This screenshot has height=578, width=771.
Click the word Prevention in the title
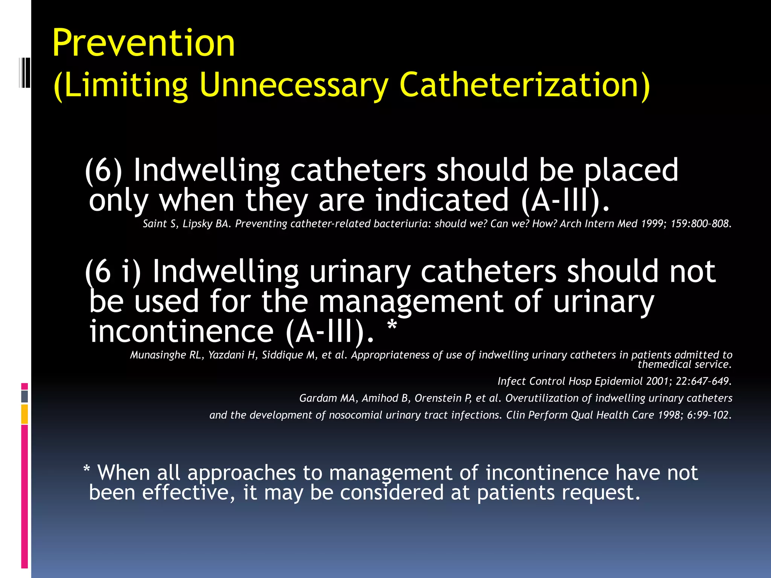point(143,43)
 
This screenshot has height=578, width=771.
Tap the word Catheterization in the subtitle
point(520,85)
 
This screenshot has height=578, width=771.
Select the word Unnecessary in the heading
point(293,85)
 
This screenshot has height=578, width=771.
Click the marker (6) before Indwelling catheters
point(104,170)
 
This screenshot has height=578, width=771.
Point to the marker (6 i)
point(113,272)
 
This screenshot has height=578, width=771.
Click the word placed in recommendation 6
point(631,170)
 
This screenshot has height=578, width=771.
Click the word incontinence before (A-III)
point(181,331)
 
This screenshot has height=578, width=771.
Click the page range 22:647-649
point(703,381)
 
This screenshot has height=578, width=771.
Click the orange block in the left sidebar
point(24,414)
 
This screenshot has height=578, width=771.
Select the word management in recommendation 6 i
point(411,302)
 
